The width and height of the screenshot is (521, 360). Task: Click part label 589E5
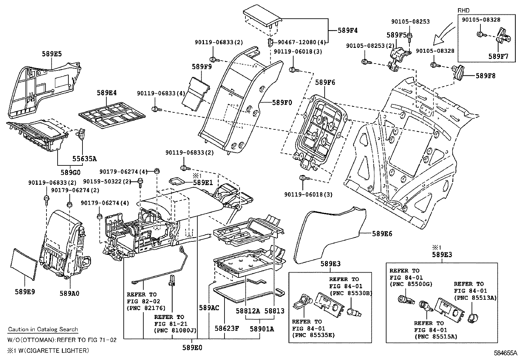pyautogui.click(x=52, y=54)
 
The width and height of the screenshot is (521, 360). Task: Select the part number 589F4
pyautogui.click(x=348, y=31)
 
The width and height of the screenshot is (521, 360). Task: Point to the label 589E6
pyautogui.click(x=382, y=234)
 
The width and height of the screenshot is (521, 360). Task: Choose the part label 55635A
pyautogui.click(x=84, y=159)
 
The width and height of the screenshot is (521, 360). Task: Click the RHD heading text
pyautogui.click(x=463, y=11)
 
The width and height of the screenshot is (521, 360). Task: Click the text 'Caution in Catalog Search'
pyautogui.click(x=43, y=330)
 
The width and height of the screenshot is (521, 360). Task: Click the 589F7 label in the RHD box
pyautogui.click(x=498, y=56)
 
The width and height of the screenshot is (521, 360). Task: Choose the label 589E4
pyautogui.click(x=107, y=93)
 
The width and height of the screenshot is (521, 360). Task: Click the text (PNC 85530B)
pyautogui.click(x=351, y=293)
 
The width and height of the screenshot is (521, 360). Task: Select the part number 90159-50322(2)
pyautogui.click(x=107, y=181)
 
